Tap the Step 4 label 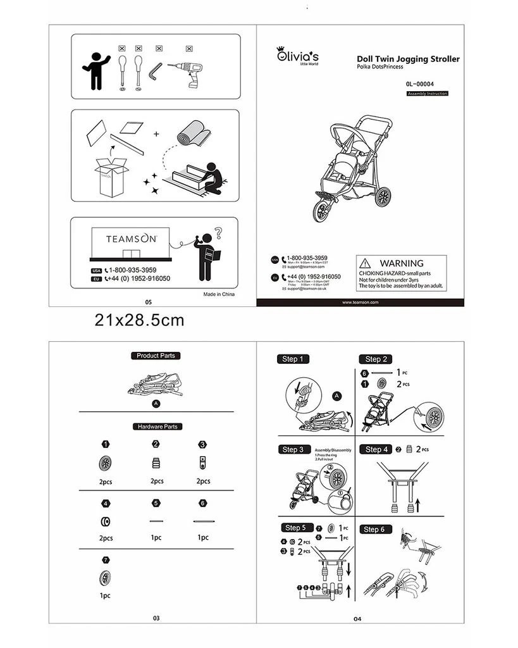(378, 449)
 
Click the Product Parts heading (156, 356)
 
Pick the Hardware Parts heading (156, 427)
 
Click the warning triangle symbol (364, 263)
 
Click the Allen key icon (156, 73)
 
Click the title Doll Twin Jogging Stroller (408, 59)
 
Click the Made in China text (219, 294)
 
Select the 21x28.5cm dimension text (139, 320)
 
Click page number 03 (156, 618)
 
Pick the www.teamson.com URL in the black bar (360, 302)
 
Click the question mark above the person (219, 232)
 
